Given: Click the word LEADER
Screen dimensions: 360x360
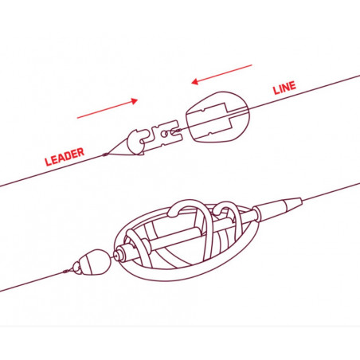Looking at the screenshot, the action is (65, 157).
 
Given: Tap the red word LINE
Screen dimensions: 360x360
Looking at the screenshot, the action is (284, 88).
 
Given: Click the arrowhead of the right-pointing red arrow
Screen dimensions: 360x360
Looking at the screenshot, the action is (135, 101).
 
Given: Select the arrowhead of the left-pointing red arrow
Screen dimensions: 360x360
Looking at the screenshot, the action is (195, 81).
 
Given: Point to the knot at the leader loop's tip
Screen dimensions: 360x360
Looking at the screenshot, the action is (105, 155).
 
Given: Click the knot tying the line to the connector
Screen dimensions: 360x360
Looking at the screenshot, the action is (178, 131).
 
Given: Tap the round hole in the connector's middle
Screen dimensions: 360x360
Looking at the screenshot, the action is (164, 134).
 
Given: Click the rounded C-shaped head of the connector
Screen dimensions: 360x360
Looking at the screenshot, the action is (135, 141).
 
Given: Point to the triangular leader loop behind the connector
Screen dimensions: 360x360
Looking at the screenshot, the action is (119, 148).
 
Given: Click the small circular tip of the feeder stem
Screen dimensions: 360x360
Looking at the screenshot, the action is (115, 255).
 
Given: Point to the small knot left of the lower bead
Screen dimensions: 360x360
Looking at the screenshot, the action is (65, 272).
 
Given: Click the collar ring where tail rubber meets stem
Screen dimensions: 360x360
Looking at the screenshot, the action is (256, 213).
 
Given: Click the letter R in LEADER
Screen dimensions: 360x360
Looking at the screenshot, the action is (80, 152).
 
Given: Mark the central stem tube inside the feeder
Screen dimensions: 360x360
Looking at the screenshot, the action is (186, 233).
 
